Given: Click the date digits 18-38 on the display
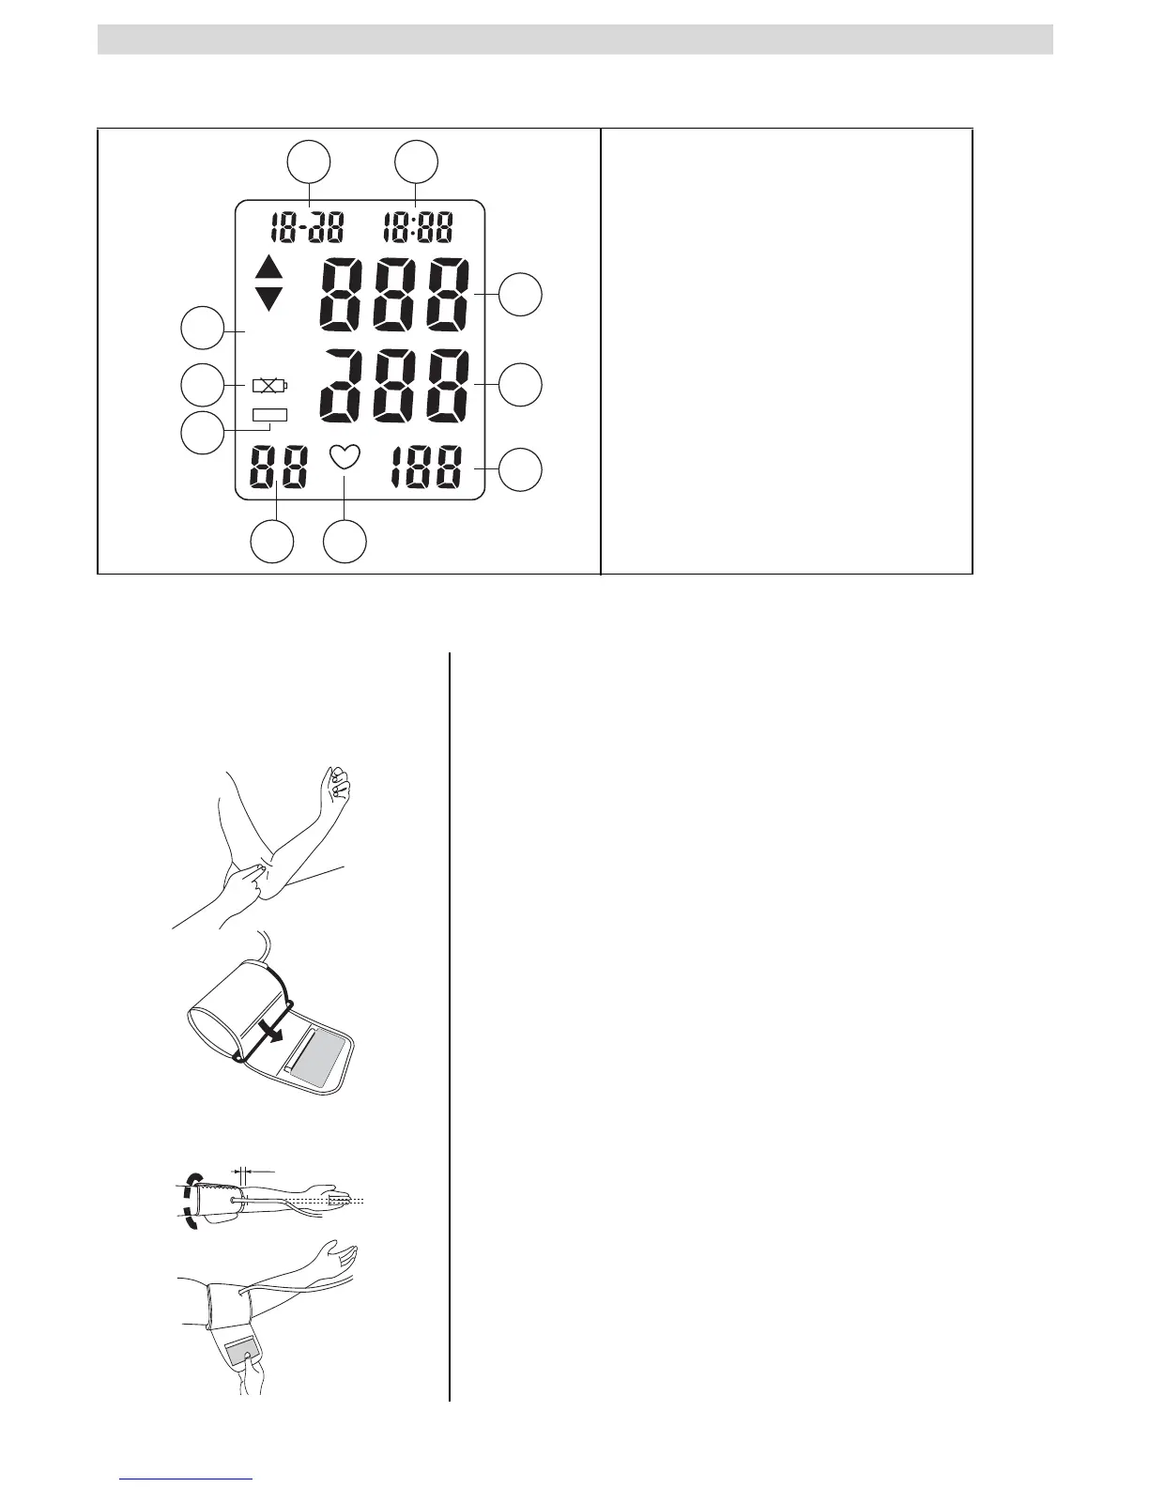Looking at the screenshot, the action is click(307, 227).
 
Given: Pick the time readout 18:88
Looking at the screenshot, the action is click(418, 227).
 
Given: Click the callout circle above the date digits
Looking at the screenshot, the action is click(309, 161).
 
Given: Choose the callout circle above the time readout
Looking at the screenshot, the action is click(416, 161).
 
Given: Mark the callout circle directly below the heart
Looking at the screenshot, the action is click(345, 543).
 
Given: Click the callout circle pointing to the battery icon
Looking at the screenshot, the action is click(202, 385).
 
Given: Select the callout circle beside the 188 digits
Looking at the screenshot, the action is click(520, 469).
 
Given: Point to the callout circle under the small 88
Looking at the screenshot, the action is click(272, 543).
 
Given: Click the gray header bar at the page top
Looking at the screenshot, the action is click(574, 39).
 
